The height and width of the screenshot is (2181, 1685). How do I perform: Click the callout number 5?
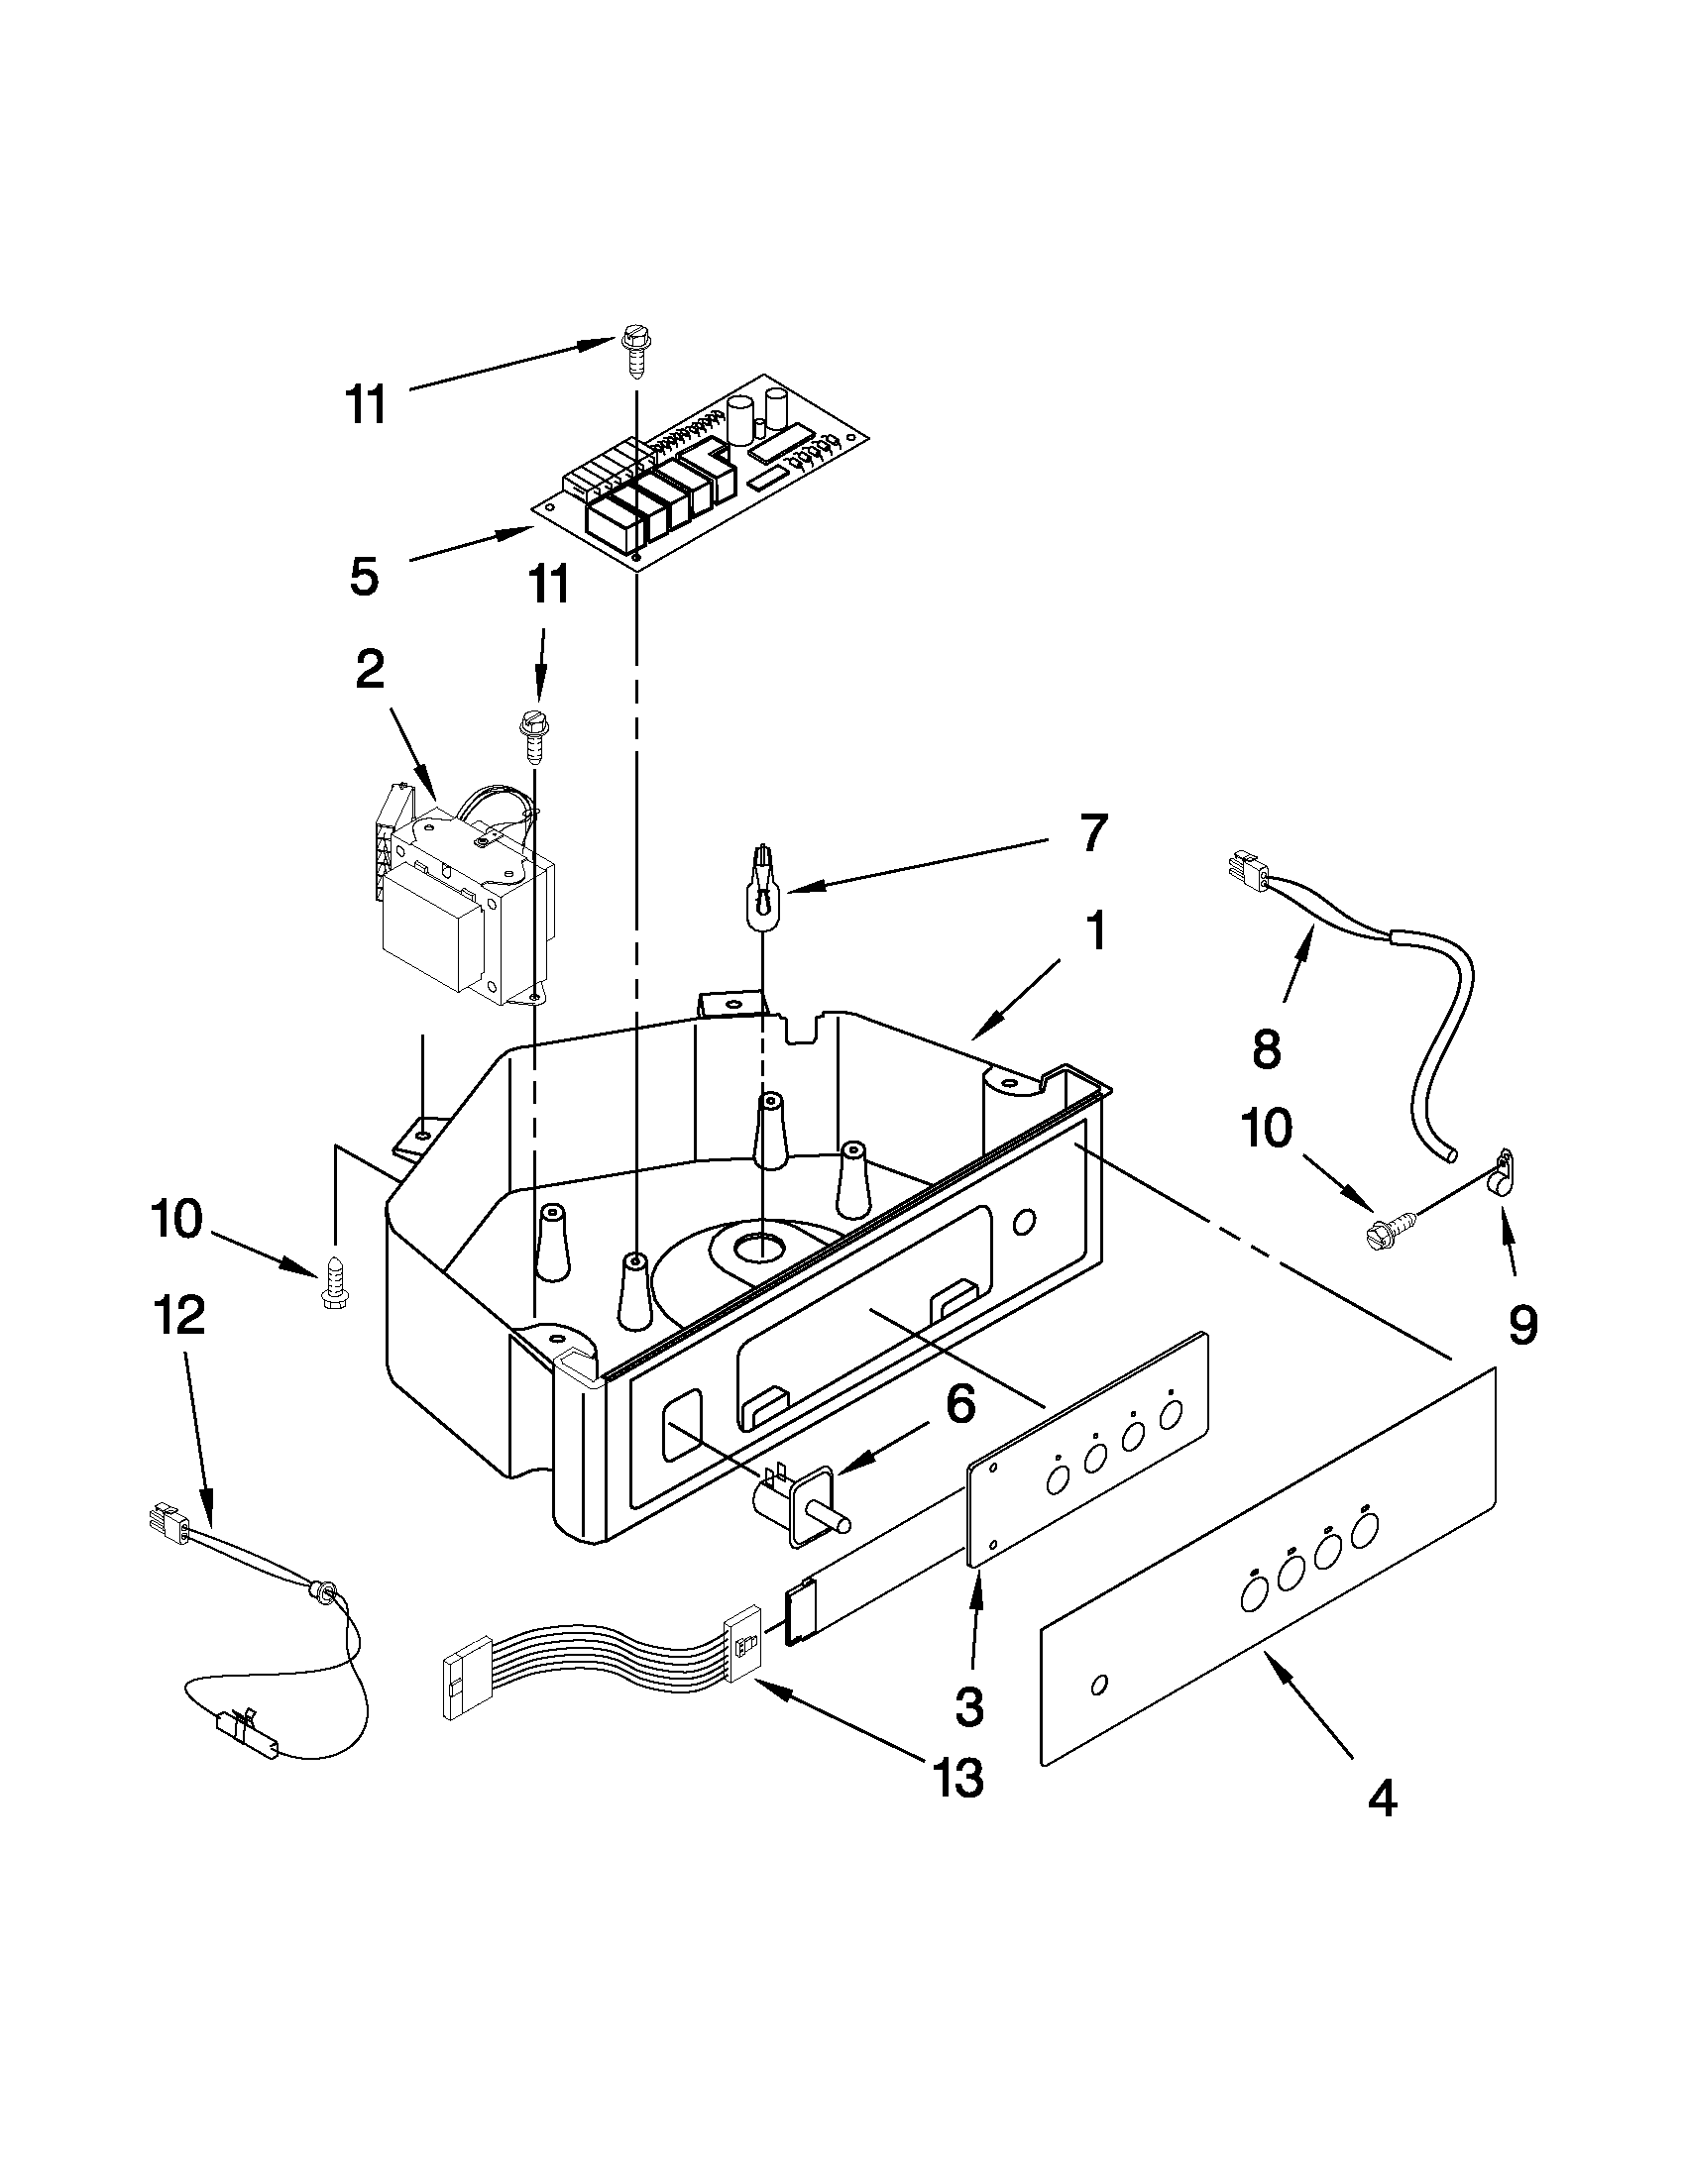365,577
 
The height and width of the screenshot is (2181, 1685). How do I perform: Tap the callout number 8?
1265,1049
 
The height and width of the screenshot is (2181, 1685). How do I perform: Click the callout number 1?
1095,930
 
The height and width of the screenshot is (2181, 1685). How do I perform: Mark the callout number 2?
370,670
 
